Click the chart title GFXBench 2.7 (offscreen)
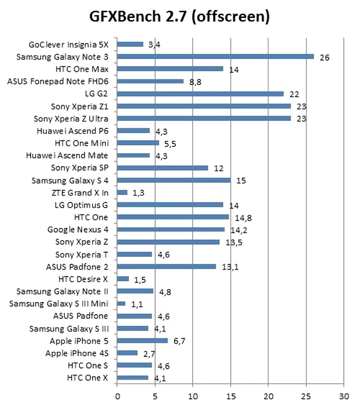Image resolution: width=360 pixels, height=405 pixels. (179, 17)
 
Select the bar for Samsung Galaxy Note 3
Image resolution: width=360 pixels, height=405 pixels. (215, 56)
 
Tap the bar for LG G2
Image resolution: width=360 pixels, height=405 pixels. (200, 93)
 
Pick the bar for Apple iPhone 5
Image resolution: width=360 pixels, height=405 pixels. (142, 340)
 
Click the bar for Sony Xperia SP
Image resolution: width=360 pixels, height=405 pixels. (163, 168)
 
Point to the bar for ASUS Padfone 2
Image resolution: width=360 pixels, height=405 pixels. (167, 266)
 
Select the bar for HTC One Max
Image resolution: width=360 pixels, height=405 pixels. (170, 68)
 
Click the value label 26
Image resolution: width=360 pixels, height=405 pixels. (324, 57)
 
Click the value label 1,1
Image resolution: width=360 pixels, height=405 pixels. (137, 304)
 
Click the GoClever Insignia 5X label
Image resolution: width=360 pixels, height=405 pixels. (72, 44)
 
